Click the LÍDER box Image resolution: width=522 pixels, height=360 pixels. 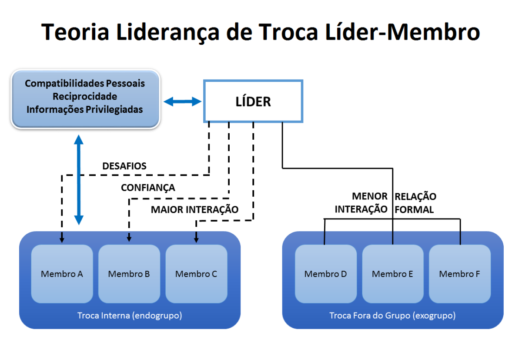coord(253,101)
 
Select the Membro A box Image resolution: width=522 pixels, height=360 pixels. coord(62,274)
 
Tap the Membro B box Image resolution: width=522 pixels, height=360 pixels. coord(129,274)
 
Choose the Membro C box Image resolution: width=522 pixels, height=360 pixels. coord(196,274)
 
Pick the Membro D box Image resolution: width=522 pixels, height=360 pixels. coord(326,274)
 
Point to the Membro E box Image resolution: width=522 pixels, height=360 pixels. coord(393,274)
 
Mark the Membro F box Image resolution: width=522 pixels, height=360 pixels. coord(460,274)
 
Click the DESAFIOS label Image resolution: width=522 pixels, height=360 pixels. coord(124,166)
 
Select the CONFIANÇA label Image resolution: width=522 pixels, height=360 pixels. coord(148,188)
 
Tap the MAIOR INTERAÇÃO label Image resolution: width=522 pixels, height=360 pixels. coord(194,209)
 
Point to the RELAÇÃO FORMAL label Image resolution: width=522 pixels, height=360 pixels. coord(415,203)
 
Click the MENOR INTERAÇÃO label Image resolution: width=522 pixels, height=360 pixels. coord(361,202)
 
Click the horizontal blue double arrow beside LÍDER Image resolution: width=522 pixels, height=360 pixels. coord(182,101)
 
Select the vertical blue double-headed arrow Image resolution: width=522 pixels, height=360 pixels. coord(79,180)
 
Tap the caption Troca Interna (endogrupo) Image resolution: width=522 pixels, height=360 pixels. coord(130,316)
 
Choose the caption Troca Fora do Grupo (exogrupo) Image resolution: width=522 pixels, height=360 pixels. coord(392,316)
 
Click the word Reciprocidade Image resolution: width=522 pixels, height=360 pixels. coord(85,96)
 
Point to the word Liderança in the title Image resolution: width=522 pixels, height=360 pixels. coord(168,32)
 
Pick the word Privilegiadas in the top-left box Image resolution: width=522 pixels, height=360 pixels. coord(114,110)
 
